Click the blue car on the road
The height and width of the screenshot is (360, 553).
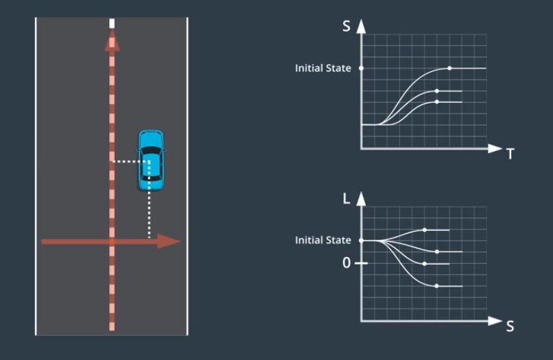150,160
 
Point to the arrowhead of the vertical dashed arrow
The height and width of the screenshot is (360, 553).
112,43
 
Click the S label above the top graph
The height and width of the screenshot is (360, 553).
347,27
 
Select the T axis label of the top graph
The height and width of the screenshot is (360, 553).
510,154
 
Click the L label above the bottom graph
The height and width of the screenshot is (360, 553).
347,200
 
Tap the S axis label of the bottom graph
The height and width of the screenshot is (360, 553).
510,326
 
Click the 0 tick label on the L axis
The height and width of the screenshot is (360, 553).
346,263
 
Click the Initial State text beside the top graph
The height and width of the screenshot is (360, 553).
323,69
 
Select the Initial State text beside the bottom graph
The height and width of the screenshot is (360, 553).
323,241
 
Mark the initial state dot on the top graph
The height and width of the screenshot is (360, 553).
362,69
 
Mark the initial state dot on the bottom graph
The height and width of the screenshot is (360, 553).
362,241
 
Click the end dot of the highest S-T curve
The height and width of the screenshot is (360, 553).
449,69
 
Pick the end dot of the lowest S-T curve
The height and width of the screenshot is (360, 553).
437,102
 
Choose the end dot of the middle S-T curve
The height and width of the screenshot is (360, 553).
437,91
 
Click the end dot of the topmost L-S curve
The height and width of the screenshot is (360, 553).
425,230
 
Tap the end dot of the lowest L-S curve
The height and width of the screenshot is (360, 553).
437,286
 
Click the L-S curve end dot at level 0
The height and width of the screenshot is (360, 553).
425,263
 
